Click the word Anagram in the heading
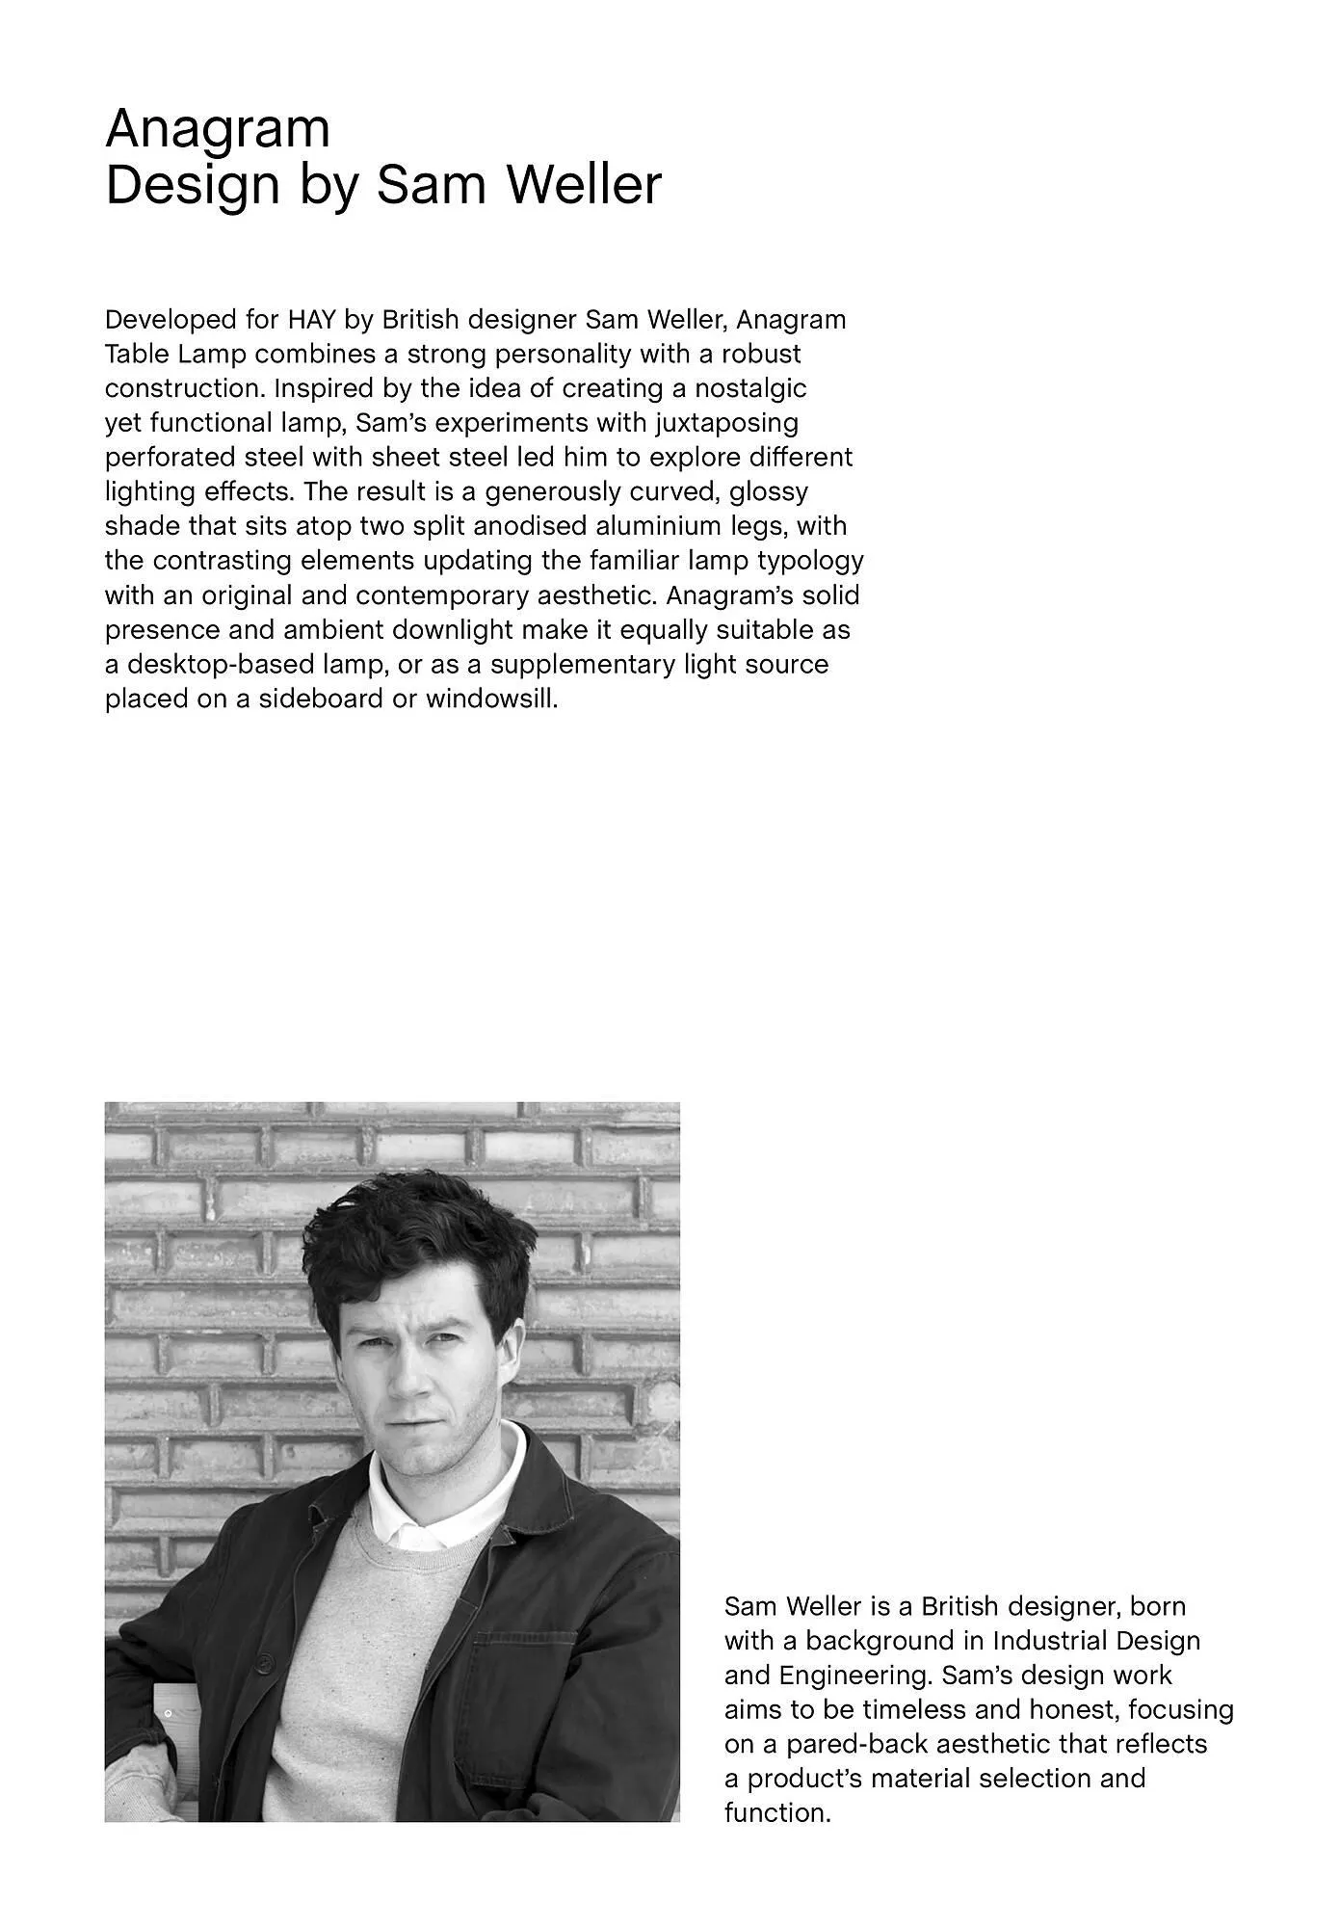coord(218,129)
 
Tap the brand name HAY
coord(311,320)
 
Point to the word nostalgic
coord(750,389)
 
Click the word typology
coord(811,561)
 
